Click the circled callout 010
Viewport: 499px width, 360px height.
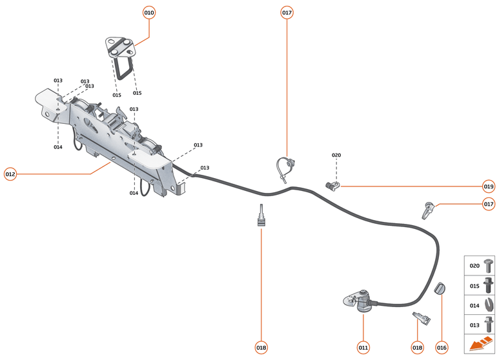[x=149, y=12]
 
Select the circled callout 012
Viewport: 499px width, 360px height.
[x=10, y=174]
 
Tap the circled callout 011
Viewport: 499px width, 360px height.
[x=363, y=347]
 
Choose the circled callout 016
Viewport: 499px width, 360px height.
[x=442, y=347]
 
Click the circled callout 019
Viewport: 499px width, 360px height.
[x=489, y=186]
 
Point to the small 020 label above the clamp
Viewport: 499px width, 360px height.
[x=336, y=155]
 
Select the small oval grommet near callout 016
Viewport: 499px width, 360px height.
[x=441, y=289]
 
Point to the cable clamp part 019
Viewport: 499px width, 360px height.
[x=332, y=186]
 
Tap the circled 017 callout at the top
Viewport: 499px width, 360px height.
[x=287, y=12]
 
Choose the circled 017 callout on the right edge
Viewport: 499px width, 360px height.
[x=489, y=205]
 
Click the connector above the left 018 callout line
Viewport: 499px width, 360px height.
[x=261, y=216]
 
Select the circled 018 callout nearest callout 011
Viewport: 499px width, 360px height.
[x=417, y=347]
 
